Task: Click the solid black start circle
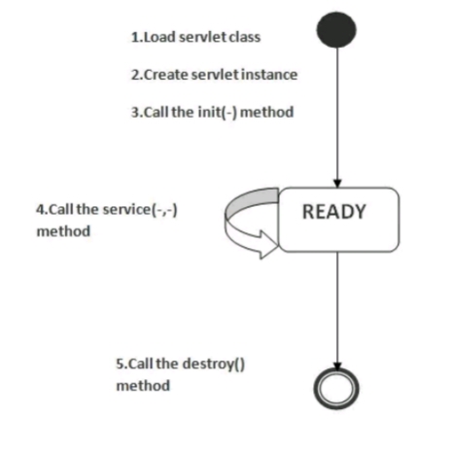click(336, 30)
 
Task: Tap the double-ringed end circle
click(336, 388)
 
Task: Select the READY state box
click(339, 220)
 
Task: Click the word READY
click(334, 212)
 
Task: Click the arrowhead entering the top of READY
click(337, 184)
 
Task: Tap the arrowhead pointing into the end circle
click(337, 366)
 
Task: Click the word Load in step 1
click(159, 37)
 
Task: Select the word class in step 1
click(245, 37)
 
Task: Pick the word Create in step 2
click(165, 75)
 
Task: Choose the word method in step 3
click(266, 112)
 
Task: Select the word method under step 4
click(63, 231)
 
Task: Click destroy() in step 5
click(214, 364)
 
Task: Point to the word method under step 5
click(143, 386)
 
